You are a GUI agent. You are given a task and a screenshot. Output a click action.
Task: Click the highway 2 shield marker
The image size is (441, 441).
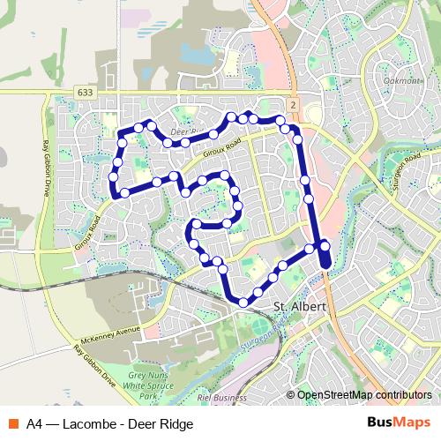[x=292, y=104]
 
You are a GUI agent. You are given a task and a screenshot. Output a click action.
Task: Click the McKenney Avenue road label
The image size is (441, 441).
[x=109, y=334]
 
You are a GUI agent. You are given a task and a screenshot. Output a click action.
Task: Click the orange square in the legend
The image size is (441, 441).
[x=12, y=423]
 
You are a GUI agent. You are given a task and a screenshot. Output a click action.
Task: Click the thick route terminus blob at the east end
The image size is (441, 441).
[x=325, y=257]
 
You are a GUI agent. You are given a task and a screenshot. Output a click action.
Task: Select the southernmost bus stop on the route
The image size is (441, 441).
[x=243, y=303]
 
